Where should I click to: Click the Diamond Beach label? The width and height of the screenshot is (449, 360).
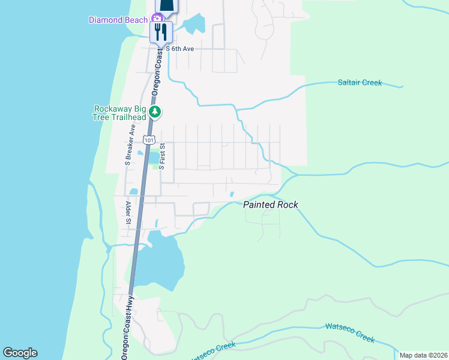pos(118,20)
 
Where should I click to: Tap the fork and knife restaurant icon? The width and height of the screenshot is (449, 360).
pos(161,31)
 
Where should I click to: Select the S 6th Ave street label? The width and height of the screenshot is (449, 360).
pos(179,49)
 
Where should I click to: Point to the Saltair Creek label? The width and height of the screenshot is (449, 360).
pos(360,83)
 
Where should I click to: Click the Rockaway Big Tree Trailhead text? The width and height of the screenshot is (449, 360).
pos(120,113)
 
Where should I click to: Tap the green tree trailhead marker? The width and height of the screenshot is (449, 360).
pos(155,112)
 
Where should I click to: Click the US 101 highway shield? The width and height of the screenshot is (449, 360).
pos(148,140)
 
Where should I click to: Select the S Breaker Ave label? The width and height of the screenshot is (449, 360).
pos(128,146)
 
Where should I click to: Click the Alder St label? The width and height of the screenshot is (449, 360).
pos(128,213)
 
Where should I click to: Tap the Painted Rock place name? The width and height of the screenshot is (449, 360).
pos(270,205)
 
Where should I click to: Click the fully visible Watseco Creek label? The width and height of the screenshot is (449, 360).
pos(350,332)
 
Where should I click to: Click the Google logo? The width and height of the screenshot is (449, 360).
pos(20,353)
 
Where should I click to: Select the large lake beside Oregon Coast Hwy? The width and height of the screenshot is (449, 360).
pos(159,264)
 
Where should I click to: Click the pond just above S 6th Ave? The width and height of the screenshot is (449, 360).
pos(194,25)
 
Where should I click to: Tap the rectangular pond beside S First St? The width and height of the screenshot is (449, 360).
pos(154,158)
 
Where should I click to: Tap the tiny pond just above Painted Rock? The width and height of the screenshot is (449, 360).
pos(232,194)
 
